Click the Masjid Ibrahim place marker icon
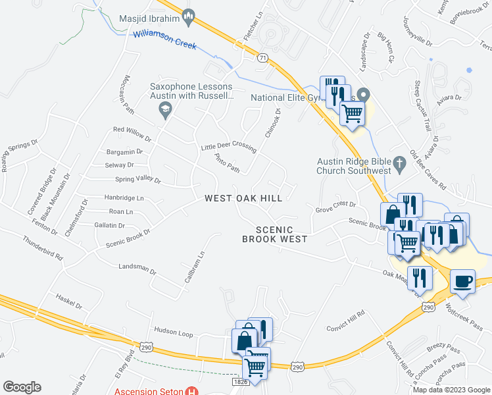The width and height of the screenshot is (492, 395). (x=188, y=18)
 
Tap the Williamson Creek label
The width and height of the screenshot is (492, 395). (x=164, y=39)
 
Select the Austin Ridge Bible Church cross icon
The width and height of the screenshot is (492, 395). (x=399, y=163)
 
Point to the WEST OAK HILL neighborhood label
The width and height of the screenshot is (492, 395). (x=243, y=198)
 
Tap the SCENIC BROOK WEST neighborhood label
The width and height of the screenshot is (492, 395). (x=275, y=234)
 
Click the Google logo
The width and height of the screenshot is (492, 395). (x=22, y=386)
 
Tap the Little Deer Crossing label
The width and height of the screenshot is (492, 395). (x=228, y=147)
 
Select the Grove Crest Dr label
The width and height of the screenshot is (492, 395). (x=335, y=206)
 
